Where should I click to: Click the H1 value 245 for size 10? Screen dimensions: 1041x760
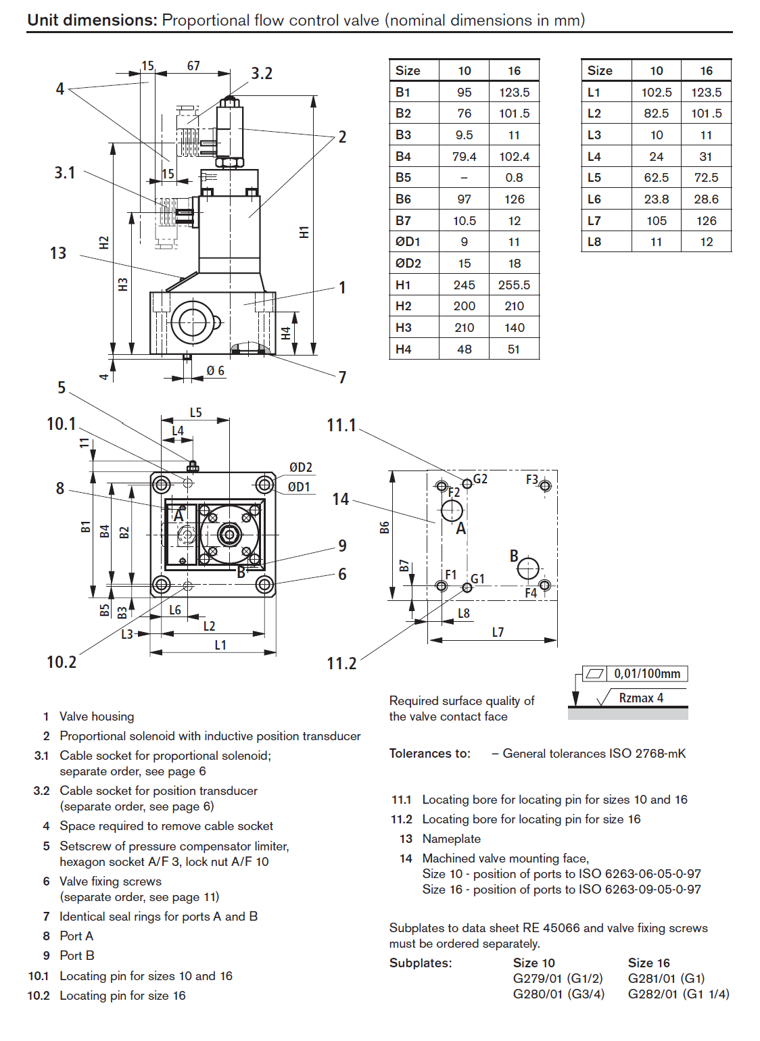[x=464, y=285]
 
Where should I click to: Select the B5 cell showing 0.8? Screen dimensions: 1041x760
[x=514, y=178]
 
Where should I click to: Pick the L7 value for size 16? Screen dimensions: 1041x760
[x=706, y=220]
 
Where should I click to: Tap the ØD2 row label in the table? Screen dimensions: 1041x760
[x=408, y=263]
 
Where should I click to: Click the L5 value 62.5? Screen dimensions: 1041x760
[x=656, y=178]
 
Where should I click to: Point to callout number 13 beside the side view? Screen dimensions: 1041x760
[x=58, y=253]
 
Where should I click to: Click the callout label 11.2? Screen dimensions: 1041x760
[x=341, y=663]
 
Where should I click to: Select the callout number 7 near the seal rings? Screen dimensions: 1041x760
[x=342, y=377]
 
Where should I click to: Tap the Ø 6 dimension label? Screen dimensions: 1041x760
[x=215, y=370]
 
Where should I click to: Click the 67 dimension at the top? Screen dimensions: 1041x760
[x=193, y=66]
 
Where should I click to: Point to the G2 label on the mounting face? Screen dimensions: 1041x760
[x=480, y=479]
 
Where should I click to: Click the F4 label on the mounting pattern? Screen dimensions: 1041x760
[x=531, y=593]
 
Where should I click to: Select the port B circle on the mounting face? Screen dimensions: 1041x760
[x=528, y=569]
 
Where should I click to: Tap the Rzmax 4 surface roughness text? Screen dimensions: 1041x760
[x=641, y=698]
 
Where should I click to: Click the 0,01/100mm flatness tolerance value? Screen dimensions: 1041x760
[x=647, y=673]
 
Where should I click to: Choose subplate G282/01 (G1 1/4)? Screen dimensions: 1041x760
[x=678, y=994]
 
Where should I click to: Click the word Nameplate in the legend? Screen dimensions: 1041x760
[x=452, y=839]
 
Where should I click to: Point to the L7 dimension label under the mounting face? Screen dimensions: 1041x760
[x=498, y=632]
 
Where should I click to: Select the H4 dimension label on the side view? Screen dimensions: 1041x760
[x=286, y=333]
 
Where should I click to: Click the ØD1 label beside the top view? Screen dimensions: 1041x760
[x=299, y=487]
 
